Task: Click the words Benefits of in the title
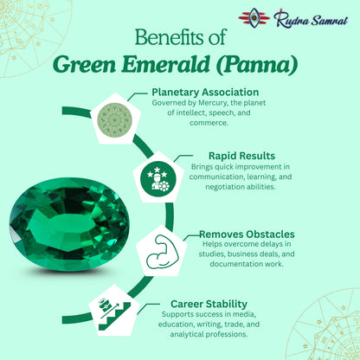(180, 38)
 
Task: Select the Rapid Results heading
(223, 156)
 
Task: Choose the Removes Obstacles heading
(247, 234)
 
